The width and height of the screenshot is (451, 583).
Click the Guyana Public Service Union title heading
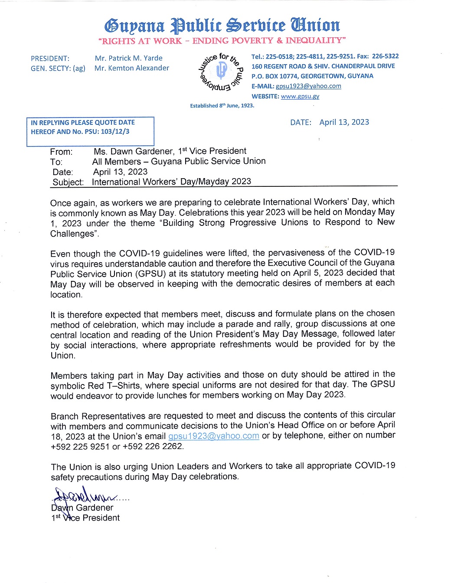[x=222, y=26]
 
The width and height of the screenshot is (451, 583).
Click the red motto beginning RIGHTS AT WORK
[x=222, y=41]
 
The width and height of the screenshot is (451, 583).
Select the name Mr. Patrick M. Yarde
[x=128, y=58]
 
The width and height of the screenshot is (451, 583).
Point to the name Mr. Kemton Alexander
[x=132, y=68]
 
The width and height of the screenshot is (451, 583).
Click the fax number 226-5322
[x=385, y=56]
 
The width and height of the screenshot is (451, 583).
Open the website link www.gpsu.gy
[x=300, y=96]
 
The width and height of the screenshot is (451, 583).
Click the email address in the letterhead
[x=308, y=86]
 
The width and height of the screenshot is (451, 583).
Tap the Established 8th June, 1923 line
[x=222, y=106]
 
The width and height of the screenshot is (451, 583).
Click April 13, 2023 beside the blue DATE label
[x=344, y=122]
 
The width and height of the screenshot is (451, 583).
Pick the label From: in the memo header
[x=61, y=152]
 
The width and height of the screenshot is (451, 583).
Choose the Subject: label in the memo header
[x=68, y=182]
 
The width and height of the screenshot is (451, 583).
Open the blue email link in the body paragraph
[x=214, y=436]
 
